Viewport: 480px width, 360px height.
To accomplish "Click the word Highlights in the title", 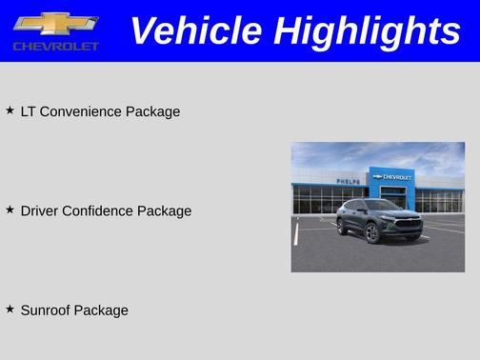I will pyautogui.click(x=367, y=31).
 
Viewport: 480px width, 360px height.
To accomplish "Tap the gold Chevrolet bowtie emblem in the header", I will pyautogui.click(x=55, y=23).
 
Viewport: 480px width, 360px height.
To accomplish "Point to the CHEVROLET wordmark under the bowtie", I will pyautogui.click(x=55, y=46).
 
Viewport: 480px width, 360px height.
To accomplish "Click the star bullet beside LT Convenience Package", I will pyautogui.click(x=10, y=110).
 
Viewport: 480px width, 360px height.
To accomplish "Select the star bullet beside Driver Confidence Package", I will pyautogui.click(x=10, y=210).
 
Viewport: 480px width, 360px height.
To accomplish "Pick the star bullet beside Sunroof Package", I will pyautogui.click(x=10, y=309).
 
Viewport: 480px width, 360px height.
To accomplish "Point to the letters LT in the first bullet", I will pyautogui.click(x=28, y=111).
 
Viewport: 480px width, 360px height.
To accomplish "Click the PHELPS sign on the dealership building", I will pyautogui.click(x=348, y=181).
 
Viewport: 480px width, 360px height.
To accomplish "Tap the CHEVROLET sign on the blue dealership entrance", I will pyautogui.click(x=392, y=177).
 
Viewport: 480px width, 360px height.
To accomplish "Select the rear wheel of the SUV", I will pyautogui.click(x=343, y=226).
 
